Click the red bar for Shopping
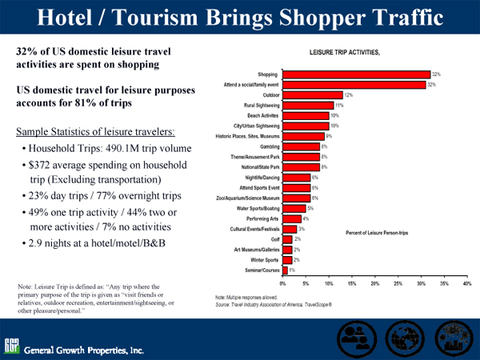pos(356,74)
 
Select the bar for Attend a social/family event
pos(355,84)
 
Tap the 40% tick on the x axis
pos(467,283)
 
